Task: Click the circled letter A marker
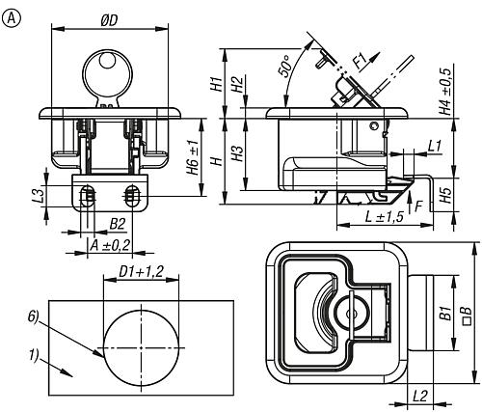pos(11,19)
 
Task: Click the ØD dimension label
pos(109,21)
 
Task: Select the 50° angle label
pos(285,67)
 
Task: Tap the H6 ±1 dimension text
pos(194,157)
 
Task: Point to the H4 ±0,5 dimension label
pos(445,90)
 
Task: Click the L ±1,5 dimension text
pos(385,217)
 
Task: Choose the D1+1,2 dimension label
pos(141,272)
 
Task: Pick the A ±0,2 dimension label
pos(110,246)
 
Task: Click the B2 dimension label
pos(118,224)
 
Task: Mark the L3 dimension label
pos(39,196)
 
